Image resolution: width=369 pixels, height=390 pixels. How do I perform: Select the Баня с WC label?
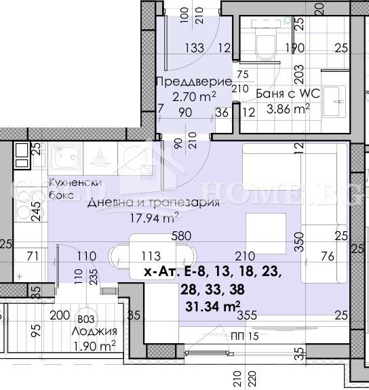pyautogui.click(x=284, y=94)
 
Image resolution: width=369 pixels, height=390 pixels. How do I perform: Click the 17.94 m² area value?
pyautogui.click(x=155, y=218)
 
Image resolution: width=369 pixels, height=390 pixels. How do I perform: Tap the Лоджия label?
pyautogui.click(x=95, y=332)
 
